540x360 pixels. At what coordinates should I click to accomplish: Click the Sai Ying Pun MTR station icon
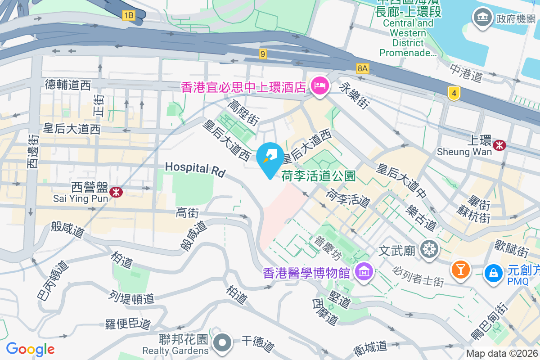(116, 192)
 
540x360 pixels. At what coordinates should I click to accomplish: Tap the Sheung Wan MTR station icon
(499, 145)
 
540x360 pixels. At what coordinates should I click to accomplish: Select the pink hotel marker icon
(320, 85)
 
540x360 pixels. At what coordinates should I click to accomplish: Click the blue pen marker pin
(270, 157)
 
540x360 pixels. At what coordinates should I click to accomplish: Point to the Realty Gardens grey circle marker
(222, 343)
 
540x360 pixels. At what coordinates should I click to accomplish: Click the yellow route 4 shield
(454, 94)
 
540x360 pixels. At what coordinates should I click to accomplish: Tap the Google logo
(30, 349)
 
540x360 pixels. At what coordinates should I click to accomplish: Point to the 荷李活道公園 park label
(319, 175)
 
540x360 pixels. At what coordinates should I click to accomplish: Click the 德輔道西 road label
(68, 85)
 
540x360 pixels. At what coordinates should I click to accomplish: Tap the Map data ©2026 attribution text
(501, 353)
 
